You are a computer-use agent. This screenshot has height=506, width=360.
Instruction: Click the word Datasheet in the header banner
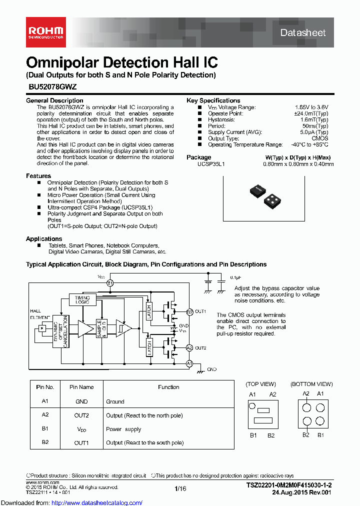click(x=302, y=33)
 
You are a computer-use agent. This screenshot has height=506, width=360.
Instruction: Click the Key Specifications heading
click(x=213, y=100)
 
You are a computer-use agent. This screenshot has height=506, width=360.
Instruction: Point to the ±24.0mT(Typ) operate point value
click(x=312, y=113)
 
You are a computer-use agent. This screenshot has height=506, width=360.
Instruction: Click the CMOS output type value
click(x=320, y=138)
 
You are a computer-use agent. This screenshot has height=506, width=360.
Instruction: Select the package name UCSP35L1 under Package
click(x=211, y=163)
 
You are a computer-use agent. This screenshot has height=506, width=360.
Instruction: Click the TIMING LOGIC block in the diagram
click(x=82, y=299)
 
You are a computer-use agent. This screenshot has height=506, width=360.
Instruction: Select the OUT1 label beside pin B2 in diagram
click(x=200, y=311)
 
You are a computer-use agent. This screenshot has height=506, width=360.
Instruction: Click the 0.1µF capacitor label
click(x=235, y=277)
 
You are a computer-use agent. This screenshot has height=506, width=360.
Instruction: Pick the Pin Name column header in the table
click(x=81, y=387)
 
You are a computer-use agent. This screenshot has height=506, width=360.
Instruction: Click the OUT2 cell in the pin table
click(x=81, y=415)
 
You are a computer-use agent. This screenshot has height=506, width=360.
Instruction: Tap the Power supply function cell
click(x=123, y=429)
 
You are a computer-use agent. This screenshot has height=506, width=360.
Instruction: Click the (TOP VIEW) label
click(x=260, y=384)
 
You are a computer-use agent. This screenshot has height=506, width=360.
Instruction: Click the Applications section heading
click(x=44, y=239)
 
